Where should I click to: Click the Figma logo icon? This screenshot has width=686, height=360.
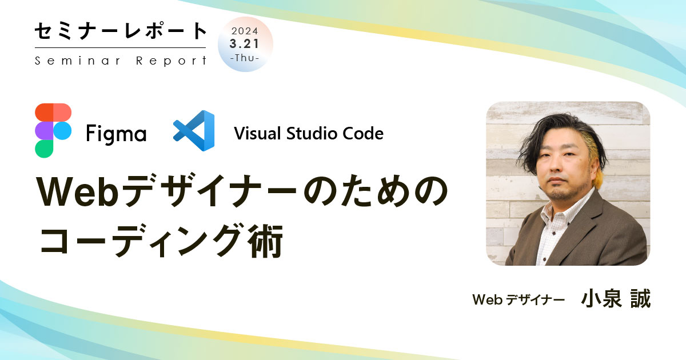tap(53, 130)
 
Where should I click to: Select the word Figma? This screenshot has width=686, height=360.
tap(116, 134)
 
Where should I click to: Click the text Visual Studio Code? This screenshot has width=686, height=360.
tap(309, 134)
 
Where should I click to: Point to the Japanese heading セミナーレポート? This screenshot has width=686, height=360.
tap(120, 31)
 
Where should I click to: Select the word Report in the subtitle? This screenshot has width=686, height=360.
tap(171, 61)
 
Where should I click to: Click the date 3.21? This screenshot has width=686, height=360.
tap(245, 44)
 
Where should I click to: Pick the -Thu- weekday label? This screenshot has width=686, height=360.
tap(245, 58)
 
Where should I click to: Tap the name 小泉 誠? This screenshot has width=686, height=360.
tap(616, 298)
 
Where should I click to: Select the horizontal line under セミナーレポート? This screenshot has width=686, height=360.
tap(120, 47)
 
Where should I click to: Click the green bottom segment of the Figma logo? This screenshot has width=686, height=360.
tap(44, 148)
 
